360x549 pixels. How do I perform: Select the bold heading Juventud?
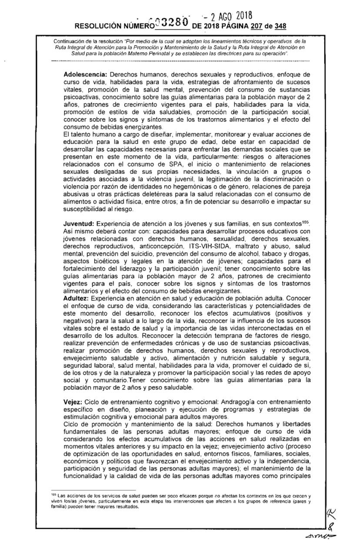pyautogui.click(x=78, y=223)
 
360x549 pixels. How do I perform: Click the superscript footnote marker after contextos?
pyautogui.click(x=306, y=221)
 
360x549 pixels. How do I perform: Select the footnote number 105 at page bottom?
pyautogui.click(x=54, y=495)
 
